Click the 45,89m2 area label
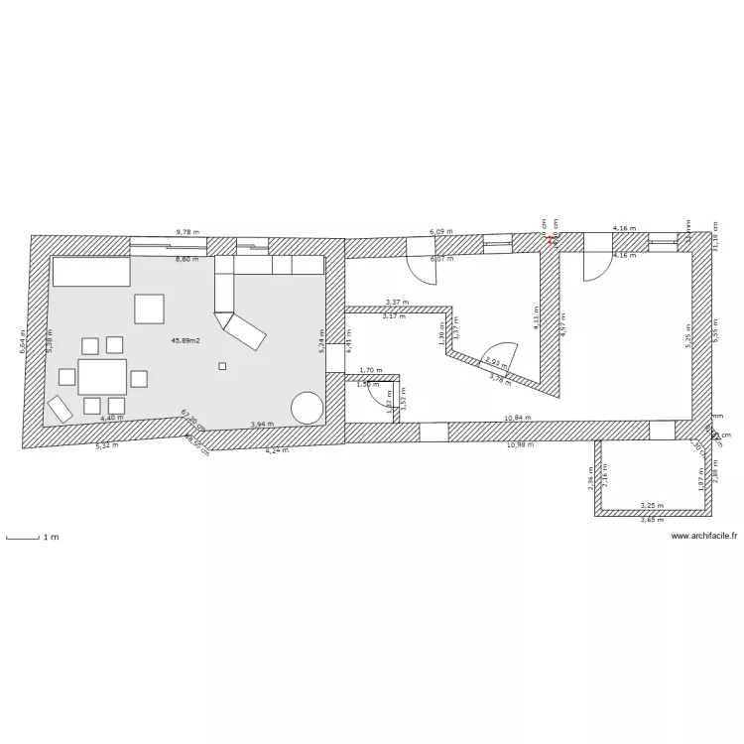(x=186, y=340)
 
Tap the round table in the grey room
(x=307, y=407)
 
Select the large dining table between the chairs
(x=102, y=377)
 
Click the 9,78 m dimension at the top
(x=186, y=232)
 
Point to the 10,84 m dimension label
(x=518, y=418)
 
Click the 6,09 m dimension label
(x=440, y=232)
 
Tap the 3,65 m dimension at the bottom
(x=652, y=520)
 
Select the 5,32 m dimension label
(x=105, y=446)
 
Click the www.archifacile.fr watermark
(x=704, y=536)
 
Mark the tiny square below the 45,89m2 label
(x=222, y=366)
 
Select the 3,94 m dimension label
(x=261, y=424)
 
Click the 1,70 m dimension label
(x=370, y=370)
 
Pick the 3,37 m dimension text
(x=396, y=303)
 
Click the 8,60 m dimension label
(x=186, y=259)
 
